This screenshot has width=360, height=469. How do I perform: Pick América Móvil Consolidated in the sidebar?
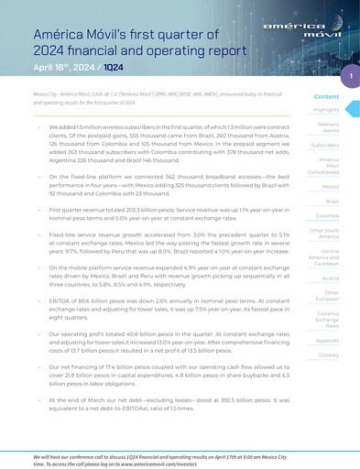(x=326, y=166)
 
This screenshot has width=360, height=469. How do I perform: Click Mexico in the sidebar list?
(x=331, y=186)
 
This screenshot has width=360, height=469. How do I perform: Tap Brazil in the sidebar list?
(x=332, y=201)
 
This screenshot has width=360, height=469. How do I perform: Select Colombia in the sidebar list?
(x=327, y=215)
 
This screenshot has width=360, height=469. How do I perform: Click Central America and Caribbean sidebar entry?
(x=326, y=256)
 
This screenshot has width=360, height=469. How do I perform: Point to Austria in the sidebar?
(x=330, y=277)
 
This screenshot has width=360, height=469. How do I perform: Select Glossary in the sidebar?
(x=327, y=354)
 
